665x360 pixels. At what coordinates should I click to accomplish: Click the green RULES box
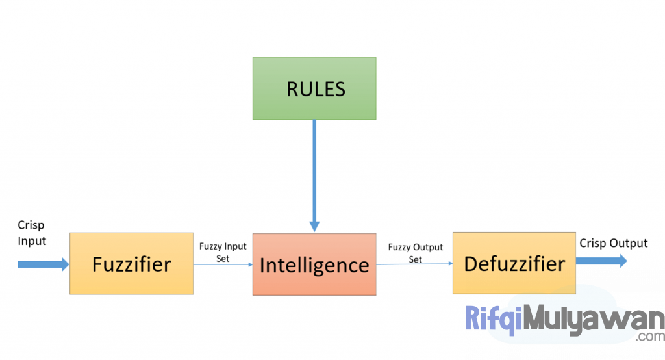point(314,88)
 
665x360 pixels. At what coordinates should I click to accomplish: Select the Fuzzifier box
point(131,264)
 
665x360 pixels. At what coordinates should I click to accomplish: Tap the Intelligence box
point(314,265)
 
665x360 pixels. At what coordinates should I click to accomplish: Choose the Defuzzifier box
point(514,264)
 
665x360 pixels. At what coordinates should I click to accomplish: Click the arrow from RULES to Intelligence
point(314,169)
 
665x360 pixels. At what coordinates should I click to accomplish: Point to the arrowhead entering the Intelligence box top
point(314,225)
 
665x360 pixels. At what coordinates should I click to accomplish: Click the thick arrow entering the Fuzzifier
point(42,264)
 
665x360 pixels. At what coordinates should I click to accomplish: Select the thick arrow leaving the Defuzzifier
point(601,261)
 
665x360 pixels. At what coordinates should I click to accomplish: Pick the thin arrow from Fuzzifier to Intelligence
point(223,264)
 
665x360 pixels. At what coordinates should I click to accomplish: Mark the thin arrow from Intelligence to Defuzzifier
point(414,264)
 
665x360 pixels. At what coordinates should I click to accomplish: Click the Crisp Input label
point(32,233)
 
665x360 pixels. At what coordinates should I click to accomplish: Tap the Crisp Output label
point(613,243)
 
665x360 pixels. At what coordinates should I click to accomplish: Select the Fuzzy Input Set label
point(223,253)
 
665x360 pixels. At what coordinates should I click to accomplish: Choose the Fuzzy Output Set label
point(415,253)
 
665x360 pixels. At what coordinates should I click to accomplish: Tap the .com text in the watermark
point(650,337)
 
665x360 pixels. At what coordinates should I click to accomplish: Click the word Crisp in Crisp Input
point(31,225)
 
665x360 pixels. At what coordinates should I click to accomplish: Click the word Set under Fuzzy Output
point(415,259)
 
